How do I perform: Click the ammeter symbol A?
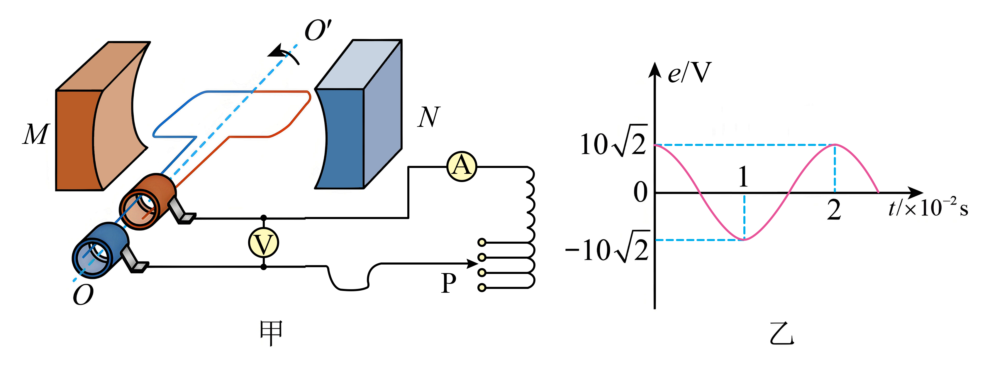click(462, 166)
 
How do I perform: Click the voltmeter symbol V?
click(264, 243)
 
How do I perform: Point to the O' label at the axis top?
click(318, 30)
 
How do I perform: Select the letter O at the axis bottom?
click(83, 295)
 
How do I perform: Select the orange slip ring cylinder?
click(147, 201)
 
